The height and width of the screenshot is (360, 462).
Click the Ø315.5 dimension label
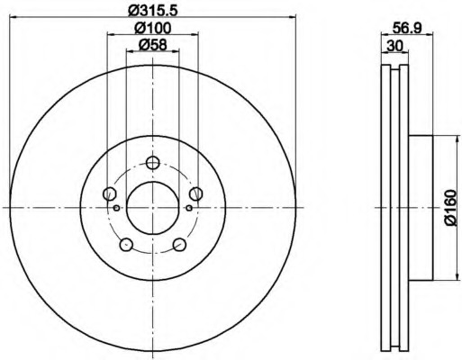point(153,10)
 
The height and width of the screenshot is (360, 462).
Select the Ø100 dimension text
point(153,29)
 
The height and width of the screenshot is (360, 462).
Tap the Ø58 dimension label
point(153,45)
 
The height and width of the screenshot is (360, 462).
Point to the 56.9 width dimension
point(407,29)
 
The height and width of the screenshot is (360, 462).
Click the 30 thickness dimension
point(394,46)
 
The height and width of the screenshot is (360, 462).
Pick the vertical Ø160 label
point(450,208)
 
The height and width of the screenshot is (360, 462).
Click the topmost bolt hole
point(152,163)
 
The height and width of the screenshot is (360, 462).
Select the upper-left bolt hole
point(109,193)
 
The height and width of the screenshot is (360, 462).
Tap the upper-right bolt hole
point(196,193)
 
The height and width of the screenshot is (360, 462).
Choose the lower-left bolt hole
point(126,245)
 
